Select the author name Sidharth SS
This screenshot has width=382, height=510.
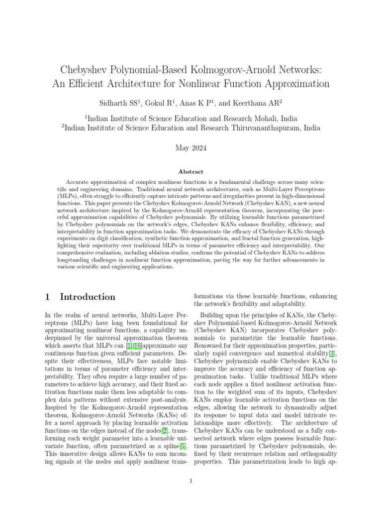pos(120,104)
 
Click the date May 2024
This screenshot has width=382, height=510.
pos(191,148)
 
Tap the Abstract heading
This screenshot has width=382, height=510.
pos(191,172)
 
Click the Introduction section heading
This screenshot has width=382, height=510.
pos(88,297)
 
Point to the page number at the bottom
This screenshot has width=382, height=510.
pos(191,481)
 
